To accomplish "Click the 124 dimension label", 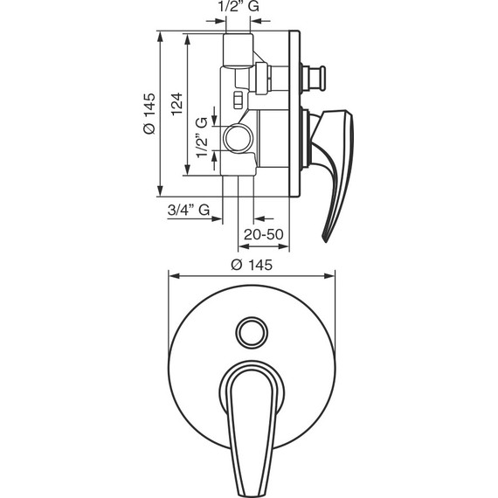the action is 177,104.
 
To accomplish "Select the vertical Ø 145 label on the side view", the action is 149,114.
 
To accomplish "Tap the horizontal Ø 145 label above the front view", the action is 252,265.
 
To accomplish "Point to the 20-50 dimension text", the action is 264,234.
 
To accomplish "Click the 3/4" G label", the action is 189,210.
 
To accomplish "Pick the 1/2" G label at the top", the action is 239,6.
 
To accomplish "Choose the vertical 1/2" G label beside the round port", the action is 202,137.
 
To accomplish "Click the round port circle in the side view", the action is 239,138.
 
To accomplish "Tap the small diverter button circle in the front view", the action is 252,333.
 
